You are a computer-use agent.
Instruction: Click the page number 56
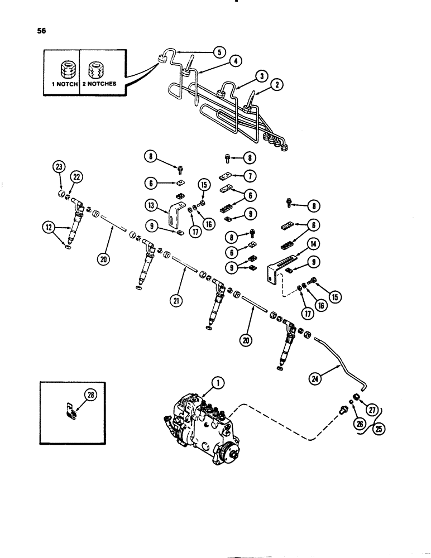click(41, 31)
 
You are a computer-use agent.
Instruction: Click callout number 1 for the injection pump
click(217, 382)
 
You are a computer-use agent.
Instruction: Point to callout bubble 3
click(260, 76)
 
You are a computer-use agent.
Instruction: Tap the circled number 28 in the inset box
click(89, 396)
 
